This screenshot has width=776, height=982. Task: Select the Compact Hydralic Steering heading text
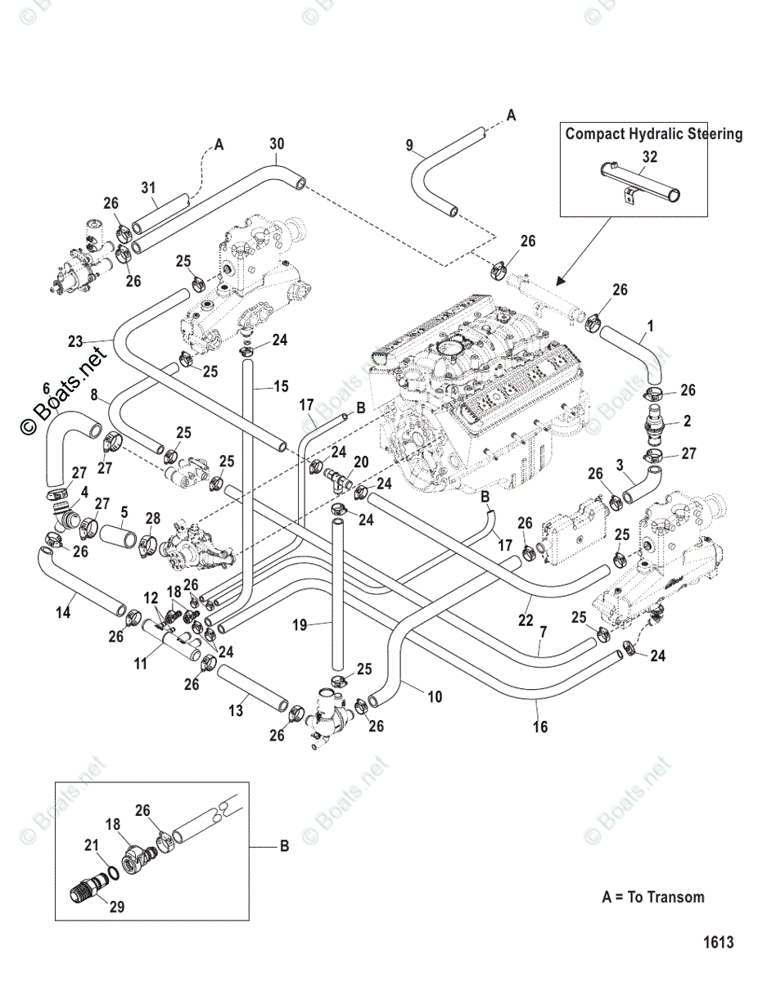(x=653, y=133)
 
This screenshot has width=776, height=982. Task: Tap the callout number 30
(x=277, y=143)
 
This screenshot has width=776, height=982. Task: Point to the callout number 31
(x=148, y=187)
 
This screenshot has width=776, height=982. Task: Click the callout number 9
(x=409, y=145)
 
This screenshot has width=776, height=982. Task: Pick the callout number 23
(x=75, y=341)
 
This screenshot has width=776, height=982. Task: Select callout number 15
(x=281, y=385)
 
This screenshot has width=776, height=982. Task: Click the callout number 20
(x=361, y=462)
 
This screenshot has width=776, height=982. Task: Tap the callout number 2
(x=687, y=421)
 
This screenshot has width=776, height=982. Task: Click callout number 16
(x=540, y=727)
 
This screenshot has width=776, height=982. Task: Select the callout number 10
(x=435, y=696)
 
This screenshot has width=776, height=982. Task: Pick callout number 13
(x=236, y=711)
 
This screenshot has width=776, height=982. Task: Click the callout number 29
(x=117, y=908)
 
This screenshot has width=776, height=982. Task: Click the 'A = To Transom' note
(x=652, y=897)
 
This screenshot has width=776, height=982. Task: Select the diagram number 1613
(x=718, y=943)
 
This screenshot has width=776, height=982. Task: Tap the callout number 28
(x=152, y=519)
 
